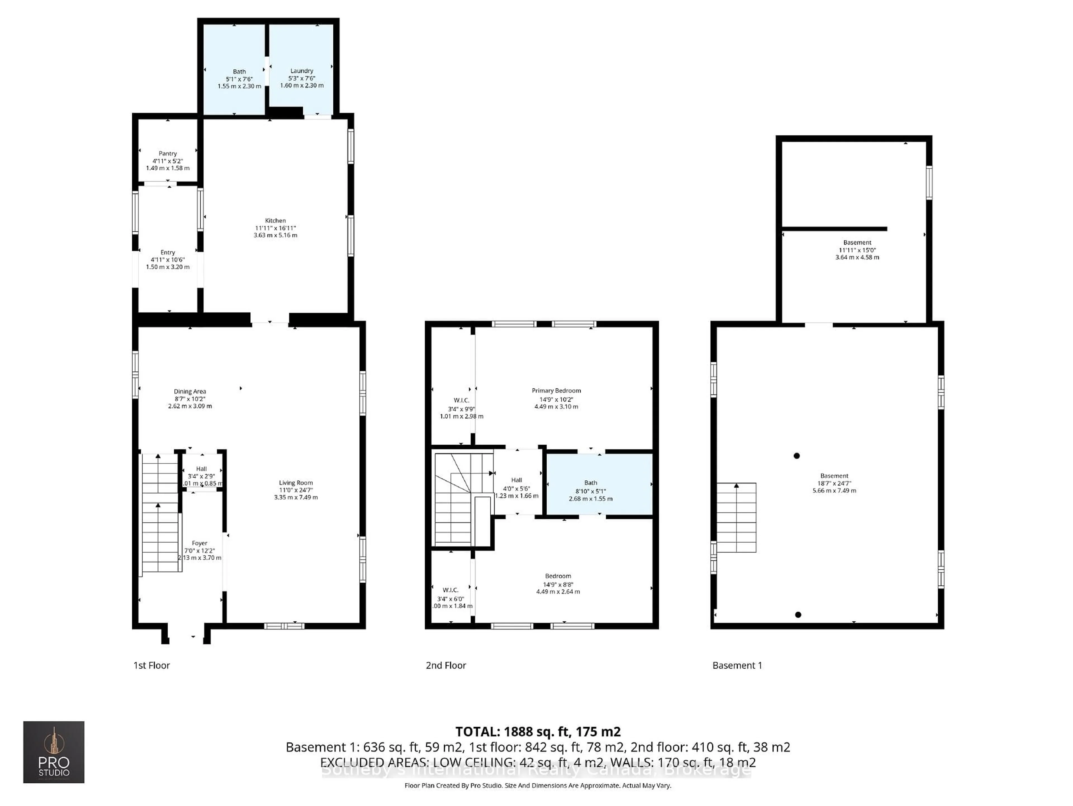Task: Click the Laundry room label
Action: click(x=302, y=71)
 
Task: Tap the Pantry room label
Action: click(x=168, y=153)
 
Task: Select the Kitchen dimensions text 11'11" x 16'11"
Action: click(x=275, y=228)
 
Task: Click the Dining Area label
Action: click(x=190, y=391)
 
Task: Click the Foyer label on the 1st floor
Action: click(x=199, y=543)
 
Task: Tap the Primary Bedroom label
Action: click(x=556, y=390)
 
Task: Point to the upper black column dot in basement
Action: click(x=796, y=456)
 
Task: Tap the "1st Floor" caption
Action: click(x=151, y=665)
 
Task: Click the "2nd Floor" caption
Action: click(x=446, y=665)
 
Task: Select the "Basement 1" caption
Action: click(x=737, y=665)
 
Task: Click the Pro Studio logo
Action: click(x=54, y=752)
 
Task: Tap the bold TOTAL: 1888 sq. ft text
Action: click(x=537, y=731)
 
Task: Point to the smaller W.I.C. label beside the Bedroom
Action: click(x=450, y=590)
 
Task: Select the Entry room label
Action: click(x=168, y=252)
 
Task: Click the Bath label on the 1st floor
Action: click(x=239, y=71)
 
